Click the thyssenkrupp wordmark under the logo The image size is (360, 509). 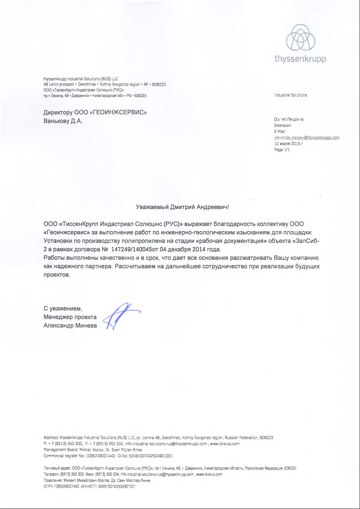pyautogui.click(x=300, y=59)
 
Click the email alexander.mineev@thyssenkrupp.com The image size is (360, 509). pyautogui.click(x=306, y=137)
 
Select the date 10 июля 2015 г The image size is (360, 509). pyautogui.click(x=288, y=143)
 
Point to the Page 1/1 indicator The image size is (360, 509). pyautogui.click(x=282, y=149)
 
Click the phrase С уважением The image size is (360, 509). pyautogui.click(x=63, y=309)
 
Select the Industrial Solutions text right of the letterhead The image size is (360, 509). pyautogui.click(x=290, y=95)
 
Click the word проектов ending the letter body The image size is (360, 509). pyautogui.click(x=57, y=275)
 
